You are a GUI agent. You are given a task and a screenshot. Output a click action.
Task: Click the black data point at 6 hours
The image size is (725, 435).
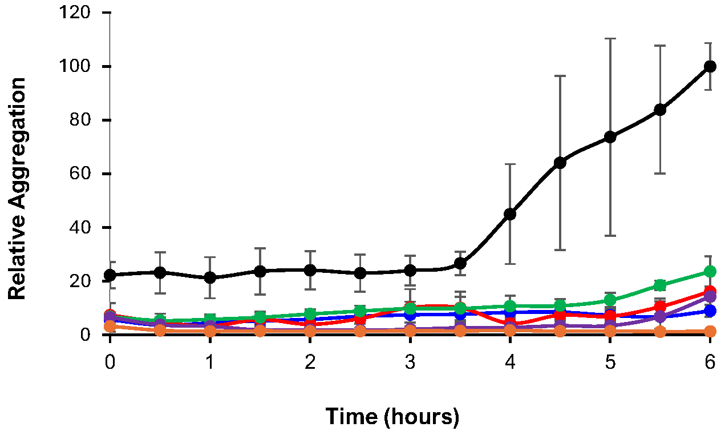pyautogui.click(x=710, y=66)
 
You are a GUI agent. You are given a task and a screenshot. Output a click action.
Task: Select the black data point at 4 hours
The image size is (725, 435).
pyautogui.click(x=510, y=214)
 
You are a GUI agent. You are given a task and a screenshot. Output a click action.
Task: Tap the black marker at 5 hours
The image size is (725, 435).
pyautogui.click(x=610, y=137)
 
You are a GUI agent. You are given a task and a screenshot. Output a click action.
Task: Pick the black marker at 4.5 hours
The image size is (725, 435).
pyautogui.click(x=560, y=163)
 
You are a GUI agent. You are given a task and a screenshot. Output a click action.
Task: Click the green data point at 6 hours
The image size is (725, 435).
pyautogui.click(x=710, y=271)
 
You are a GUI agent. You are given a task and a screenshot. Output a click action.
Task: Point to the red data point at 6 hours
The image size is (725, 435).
pyautogui.click(x=710, y=291)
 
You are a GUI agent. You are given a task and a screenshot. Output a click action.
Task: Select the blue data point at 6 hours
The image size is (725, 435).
pyautogui.click(x=710, y=311)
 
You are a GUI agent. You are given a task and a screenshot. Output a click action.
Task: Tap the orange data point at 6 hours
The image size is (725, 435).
pyautogui.click(x=710, y=331)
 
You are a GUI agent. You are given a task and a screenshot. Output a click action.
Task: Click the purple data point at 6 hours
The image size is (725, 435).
pyautogui.click(x=710, y=297)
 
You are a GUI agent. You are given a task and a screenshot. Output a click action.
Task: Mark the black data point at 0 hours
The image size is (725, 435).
pyautogui.click(x=110, y=275)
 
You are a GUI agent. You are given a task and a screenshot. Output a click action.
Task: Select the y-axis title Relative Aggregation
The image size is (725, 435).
pyautogui.click(x=18, y=188)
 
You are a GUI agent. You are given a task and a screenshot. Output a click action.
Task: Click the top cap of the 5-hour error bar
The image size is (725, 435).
pyautogui.click(x=610, y=38)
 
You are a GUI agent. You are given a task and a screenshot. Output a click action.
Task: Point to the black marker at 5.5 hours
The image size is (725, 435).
pyautogui.click(x=660, y=110)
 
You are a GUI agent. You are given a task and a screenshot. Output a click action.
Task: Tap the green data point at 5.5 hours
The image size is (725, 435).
pyautogui.click(x=660, y=285)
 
